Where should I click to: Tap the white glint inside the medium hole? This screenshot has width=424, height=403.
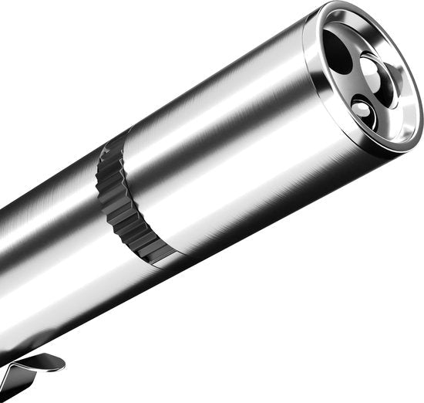coord(372,68)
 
